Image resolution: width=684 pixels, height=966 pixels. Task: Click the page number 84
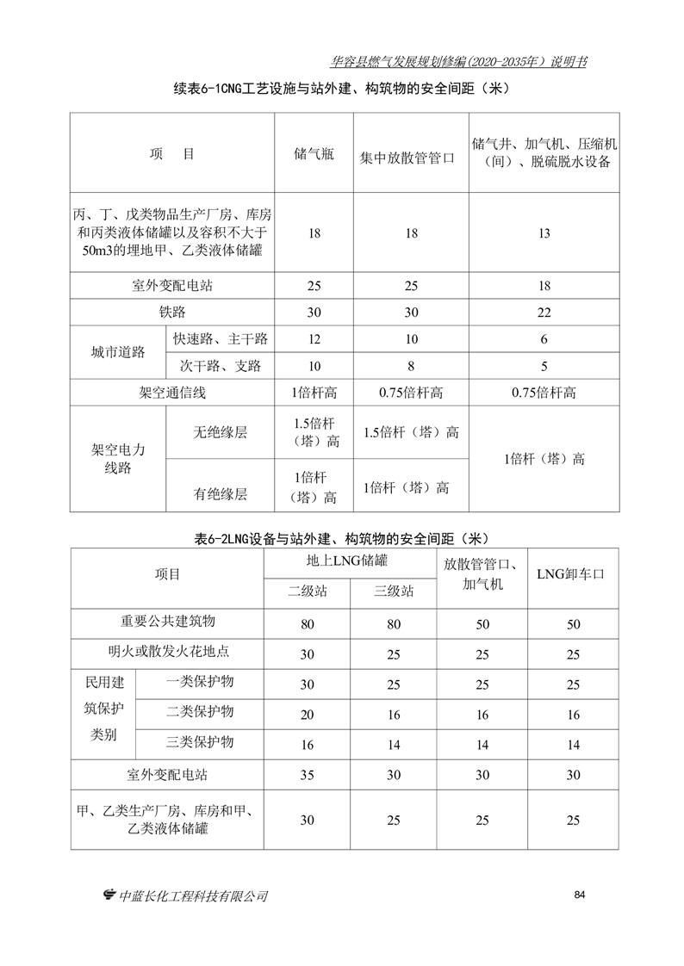coord(579,895)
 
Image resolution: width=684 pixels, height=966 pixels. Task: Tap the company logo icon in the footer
coord(109,896)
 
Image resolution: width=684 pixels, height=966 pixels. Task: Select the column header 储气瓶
coord(314,154)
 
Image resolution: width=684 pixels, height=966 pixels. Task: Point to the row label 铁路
coord(172,312)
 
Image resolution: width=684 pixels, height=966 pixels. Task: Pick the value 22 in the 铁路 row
coord(544,312)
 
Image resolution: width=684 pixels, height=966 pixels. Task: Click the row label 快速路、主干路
coord(221,339)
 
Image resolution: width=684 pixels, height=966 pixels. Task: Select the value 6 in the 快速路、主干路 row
coord(544,339)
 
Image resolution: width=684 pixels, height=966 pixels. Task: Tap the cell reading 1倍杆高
coord(314,393)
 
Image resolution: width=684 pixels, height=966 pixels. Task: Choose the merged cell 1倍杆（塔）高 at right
coord(544,459)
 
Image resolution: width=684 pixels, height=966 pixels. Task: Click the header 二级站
coord(307,591)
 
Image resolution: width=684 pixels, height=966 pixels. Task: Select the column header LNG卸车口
coord(569,574)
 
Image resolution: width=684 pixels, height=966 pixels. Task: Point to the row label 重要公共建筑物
coord(167,622)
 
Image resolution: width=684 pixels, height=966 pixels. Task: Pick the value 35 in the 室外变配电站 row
coord(307,775)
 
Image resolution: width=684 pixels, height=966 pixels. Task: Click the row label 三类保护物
coord(200,742)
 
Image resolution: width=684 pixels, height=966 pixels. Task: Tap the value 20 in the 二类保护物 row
coord(307,715)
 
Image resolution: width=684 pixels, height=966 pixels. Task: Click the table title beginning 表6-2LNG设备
coord(342,539)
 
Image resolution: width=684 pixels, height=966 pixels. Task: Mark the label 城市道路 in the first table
coord(119,352)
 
